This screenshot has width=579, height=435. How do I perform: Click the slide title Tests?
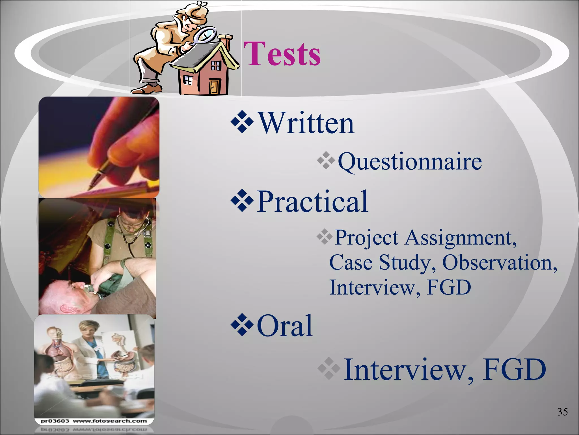click(282, 54)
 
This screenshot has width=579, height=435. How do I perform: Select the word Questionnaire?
click(410, 161)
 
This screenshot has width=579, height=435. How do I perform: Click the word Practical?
click(312, 201)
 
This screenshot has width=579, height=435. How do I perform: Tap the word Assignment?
click(461, 238)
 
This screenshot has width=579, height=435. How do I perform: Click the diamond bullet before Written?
click(242, 122)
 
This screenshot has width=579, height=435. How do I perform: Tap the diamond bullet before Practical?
click(242, 201)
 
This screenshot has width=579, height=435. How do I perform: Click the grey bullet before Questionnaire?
click(326, 161)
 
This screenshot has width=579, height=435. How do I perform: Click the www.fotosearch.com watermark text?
click(110, 421)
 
